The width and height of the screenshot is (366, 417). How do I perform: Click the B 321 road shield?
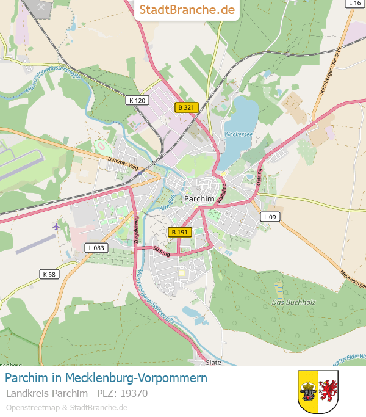[187, 107]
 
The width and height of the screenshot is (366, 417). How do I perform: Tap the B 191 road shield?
[181, 232]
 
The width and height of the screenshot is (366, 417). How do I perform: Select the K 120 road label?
[138, 100]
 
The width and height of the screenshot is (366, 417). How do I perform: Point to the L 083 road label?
[96, 247]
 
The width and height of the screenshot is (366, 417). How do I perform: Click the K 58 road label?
[49, 274]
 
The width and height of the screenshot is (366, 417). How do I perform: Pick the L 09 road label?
[270, 217]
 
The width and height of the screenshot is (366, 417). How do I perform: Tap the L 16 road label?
[354, 3]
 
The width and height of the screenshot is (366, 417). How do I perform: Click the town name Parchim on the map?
[199, 198]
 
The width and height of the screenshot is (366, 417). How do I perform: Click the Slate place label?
[213, 362]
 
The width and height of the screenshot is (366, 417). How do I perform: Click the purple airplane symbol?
[57, 227]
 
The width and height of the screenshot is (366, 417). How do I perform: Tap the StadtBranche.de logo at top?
[187, 10]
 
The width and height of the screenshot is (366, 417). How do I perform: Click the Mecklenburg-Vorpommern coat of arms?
[318, 391]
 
